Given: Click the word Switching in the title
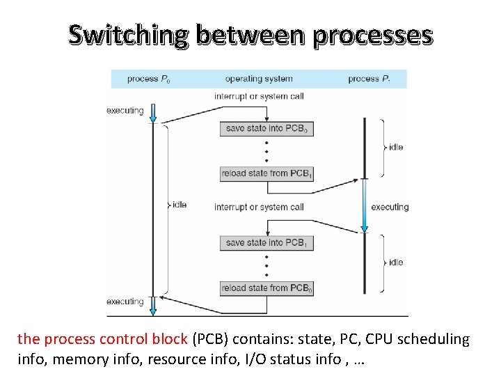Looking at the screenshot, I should click(128, 34).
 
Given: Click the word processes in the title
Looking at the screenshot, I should click(372, 34).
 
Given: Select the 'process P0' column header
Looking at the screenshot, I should click(148, 79).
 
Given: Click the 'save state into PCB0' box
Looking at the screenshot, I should click(267, 129).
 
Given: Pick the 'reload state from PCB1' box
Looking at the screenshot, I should click(267, 173).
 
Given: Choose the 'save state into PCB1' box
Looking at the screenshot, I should click(267, 243).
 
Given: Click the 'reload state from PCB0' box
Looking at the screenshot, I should click(267, 288).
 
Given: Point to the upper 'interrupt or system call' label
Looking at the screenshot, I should click(259, 96).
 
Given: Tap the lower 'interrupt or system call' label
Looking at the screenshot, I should click(259, 207).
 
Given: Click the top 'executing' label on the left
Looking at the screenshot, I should click(125, 110).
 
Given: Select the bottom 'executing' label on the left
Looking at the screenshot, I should click(125, 301).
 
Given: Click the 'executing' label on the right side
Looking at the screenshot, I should click(390, 207).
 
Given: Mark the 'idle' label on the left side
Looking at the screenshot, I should click(179, 205).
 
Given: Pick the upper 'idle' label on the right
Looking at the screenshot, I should click(396, 147).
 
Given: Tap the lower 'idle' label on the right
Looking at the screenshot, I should click(396, 263).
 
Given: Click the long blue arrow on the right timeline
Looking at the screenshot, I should click(364, 206).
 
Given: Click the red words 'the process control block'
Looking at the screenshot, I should click(102, 339).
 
